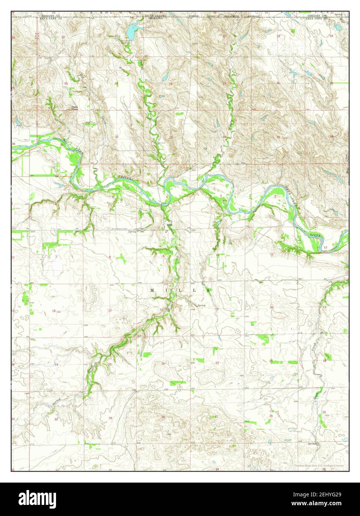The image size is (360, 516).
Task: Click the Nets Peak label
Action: (x=75, y=108)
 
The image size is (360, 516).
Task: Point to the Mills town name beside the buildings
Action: (x=170, y=225)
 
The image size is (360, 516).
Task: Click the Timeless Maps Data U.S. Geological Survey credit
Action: (x=318, y=466)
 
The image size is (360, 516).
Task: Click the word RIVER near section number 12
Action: (x=315, y=235)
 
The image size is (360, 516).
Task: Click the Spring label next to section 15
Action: (x=202, y=305)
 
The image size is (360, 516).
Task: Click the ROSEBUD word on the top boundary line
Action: (x=193, y=16)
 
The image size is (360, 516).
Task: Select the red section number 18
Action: (x=54, y=311)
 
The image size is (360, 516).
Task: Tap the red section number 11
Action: (x=272, y=254)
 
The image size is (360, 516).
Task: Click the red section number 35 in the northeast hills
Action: (x=278, y=137)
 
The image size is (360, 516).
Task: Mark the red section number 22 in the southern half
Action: (x=217, y=363)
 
